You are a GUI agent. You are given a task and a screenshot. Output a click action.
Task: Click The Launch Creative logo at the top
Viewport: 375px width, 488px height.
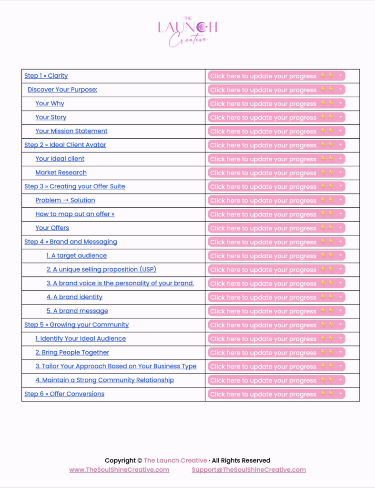(187, 32)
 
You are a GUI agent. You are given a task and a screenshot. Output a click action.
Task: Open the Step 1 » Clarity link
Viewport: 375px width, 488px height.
(46, 76)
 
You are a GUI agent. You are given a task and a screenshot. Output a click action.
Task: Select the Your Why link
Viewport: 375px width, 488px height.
(50, 103)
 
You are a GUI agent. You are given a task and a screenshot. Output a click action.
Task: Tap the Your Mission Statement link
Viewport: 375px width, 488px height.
(71, 131)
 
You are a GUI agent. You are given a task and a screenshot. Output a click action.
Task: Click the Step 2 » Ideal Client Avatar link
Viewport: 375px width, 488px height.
(65, 145)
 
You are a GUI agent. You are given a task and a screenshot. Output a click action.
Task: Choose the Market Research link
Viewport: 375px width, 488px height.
(61, 173)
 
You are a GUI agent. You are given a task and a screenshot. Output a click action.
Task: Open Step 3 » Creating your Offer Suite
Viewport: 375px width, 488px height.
(75, 186)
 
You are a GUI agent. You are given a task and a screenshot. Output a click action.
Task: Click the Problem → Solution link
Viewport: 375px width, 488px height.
(65, 200)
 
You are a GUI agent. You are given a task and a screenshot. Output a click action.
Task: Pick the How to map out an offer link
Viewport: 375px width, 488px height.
(75, 214)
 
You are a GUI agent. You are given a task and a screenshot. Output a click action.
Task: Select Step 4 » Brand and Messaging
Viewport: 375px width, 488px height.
(71, 242)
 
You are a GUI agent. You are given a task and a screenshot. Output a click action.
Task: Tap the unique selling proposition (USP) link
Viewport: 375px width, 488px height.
(101, 269)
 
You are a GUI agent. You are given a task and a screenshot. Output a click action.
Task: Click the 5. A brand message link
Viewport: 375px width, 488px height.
(77, 311)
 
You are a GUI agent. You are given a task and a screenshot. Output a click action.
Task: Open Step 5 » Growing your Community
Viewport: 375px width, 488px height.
(77, 325)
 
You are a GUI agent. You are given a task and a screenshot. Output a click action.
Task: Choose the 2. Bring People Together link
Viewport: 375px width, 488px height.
(72, 352)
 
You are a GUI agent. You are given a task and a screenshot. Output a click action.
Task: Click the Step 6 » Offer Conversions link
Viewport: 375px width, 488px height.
(64, 394)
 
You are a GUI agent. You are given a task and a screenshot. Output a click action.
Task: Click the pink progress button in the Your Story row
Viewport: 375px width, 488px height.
(276, 117)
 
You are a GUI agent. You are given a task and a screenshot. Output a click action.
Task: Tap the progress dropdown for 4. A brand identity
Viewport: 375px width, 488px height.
(340, 297)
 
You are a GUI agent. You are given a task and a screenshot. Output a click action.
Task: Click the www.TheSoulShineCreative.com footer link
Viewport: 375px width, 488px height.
(119, 469)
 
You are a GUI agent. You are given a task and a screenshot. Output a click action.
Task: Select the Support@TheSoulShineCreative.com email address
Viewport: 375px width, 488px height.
(249, 469)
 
